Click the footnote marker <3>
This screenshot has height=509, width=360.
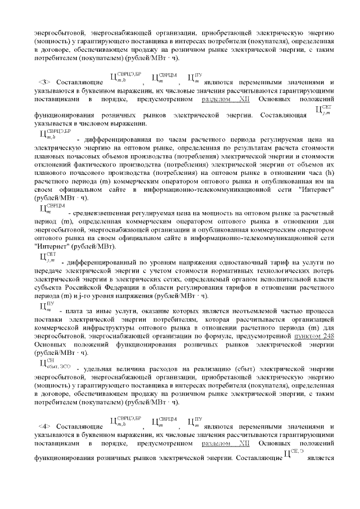[x=44, y=82]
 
